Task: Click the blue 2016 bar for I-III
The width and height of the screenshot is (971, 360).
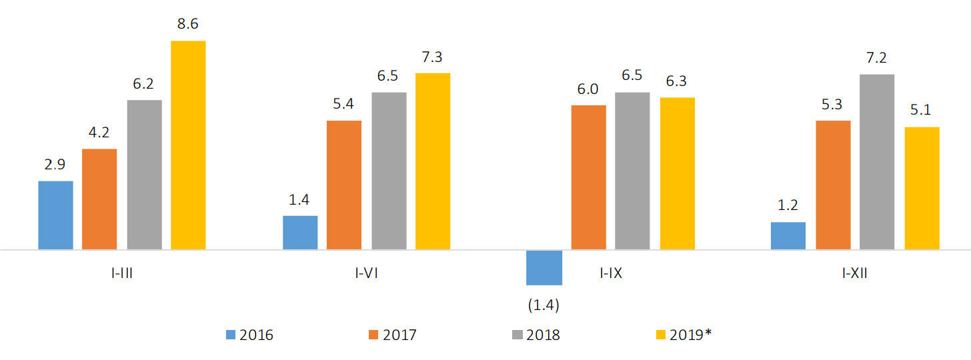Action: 55,215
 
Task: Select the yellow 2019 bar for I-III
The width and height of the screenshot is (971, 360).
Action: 188,145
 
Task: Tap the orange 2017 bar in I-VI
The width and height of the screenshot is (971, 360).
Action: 344,185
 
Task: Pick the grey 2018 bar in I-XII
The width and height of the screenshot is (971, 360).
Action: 877,162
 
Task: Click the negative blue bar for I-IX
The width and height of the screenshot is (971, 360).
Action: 544,267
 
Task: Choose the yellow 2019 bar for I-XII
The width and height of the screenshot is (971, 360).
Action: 922,188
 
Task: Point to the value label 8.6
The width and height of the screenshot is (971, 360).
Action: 188,25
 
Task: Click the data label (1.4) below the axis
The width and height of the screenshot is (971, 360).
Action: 544,305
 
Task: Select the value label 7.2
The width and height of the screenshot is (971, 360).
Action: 877,58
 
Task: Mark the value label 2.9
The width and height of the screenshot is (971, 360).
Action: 55,165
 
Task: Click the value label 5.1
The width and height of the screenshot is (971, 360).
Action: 922,111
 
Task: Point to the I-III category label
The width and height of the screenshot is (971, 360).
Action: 121,273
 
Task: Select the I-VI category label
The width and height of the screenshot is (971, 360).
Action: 366,273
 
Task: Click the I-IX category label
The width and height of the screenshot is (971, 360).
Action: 611,273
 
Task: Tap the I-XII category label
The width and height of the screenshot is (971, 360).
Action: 854,273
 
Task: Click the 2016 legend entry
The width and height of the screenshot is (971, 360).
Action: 249,335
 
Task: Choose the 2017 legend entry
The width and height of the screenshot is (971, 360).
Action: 393,335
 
